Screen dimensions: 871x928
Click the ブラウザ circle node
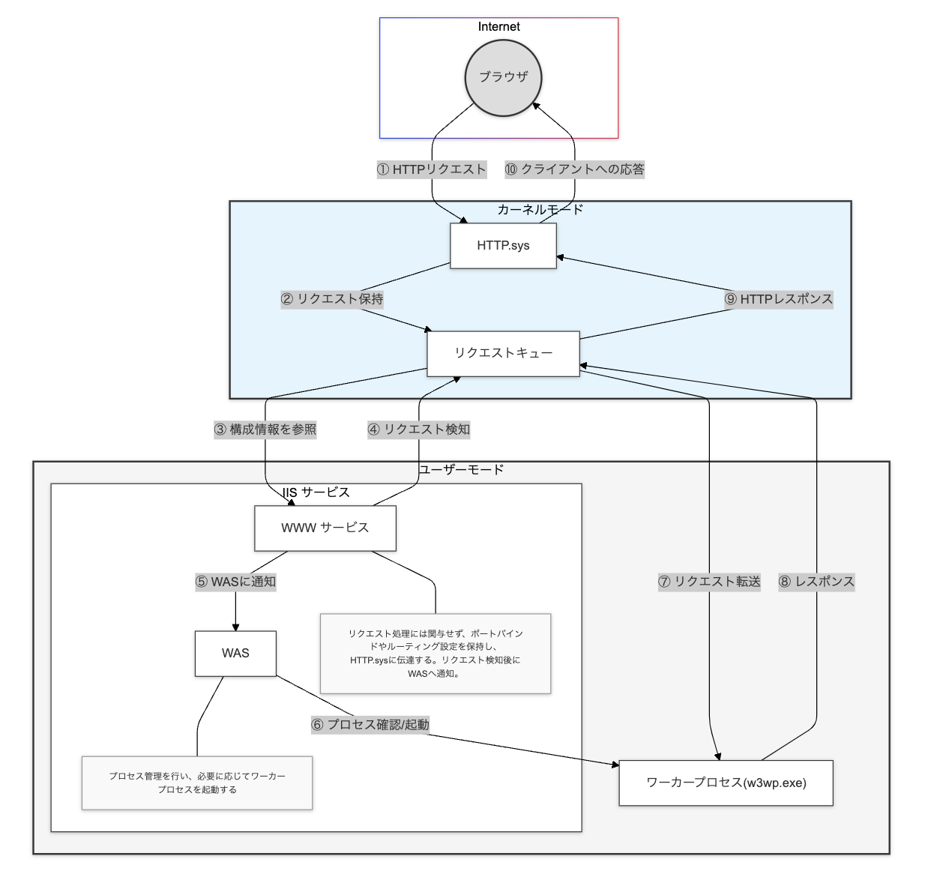coord(503,77)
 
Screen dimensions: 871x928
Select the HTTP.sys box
coord(503,246)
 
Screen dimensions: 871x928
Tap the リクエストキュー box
coord(503,353)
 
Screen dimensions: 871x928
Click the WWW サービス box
coord(325,528)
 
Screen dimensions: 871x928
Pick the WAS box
coord(235,653)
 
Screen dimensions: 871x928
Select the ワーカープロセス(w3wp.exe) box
coord(726,783)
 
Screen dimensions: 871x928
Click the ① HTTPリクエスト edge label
coord(431,169)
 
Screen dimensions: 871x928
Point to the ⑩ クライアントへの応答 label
coord(574,169)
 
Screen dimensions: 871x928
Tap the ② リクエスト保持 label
coord(332,299)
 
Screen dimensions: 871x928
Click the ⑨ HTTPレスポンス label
coord(778,299)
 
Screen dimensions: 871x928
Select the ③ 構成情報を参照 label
coord(265,430)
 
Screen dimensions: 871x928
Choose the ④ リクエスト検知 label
coord(418,430)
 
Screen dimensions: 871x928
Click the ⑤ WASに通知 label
coord(235,582)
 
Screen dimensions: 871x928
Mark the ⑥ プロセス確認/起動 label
coord(370,725)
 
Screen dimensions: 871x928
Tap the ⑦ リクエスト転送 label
coord(709,582)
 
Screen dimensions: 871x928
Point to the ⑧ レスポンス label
coord(816,582)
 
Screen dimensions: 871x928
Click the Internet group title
coord(498,27)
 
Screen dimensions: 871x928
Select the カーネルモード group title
coord(540,210)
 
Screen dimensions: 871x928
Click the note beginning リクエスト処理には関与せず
coord(435,653)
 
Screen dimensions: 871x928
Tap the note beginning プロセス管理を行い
coord(197,783)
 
